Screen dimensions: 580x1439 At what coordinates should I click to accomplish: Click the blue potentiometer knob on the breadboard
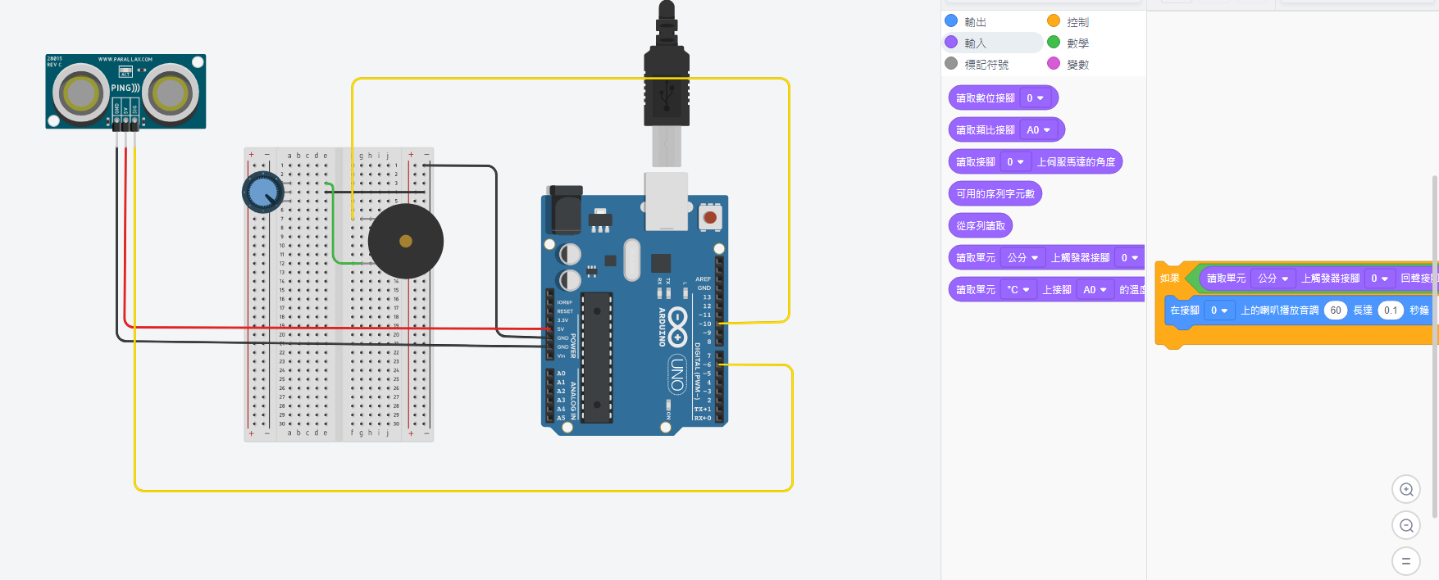point(262,193)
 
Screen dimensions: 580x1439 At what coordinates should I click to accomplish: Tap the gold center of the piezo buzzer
point(405,241)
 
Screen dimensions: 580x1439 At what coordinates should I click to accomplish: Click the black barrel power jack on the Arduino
point(565,211)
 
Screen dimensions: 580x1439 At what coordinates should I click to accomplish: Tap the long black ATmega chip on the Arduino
point(597,358)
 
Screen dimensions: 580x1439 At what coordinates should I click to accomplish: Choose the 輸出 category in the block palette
point(975,22)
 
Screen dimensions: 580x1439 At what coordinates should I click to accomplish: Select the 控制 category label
point(1077,22)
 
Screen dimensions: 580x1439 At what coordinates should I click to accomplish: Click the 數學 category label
point(1077,43)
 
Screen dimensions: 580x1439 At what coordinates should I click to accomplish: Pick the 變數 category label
point(1077,65)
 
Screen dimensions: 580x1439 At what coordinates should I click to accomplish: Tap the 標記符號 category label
point(986,65)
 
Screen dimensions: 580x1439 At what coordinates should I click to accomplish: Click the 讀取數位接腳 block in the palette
point(986,98)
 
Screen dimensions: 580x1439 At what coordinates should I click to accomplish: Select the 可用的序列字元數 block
point(995,194)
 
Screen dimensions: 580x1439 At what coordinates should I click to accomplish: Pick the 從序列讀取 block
point(980,226)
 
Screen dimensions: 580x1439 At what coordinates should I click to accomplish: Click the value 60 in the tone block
point(1336,310)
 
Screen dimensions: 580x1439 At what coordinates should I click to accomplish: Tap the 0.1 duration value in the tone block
point(1391,310)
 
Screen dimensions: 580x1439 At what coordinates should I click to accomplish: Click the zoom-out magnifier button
point(1406,525)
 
